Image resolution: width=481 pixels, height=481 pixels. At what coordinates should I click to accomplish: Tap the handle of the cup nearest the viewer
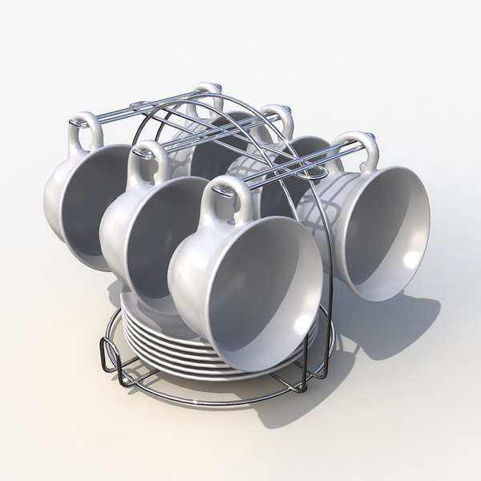click(227, 199)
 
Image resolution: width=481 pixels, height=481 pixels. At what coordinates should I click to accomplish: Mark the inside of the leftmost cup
click(96, 200)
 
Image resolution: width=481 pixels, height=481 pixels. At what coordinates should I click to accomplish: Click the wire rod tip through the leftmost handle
click(74, 122)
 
